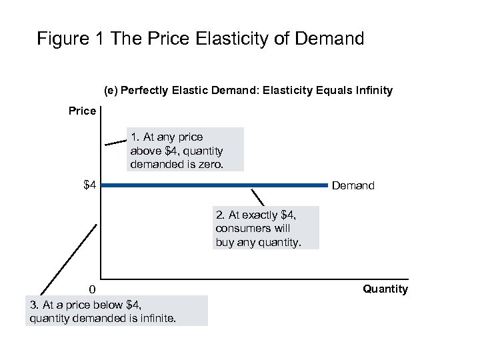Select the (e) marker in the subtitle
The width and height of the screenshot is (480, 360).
click(111, 90)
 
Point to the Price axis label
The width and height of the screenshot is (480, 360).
click(82, 111)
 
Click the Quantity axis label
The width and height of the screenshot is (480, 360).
click(385, 289)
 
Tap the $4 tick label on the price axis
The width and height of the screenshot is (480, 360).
click(90, 185)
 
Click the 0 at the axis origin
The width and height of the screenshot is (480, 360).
click(93, 289)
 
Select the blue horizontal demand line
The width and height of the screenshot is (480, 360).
click(213, 185)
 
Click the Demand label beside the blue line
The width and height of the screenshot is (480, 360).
click(353, 185)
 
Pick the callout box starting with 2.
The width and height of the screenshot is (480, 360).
click(266, 228)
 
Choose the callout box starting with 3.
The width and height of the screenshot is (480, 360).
click(119, 311)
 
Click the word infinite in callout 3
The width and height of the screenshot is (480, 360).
click(157, 318)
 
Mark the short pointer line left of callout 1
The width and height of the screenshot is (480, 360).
click(116, 141)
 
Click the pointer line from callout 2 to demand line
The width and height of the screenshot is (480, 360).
click(257, 197)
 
